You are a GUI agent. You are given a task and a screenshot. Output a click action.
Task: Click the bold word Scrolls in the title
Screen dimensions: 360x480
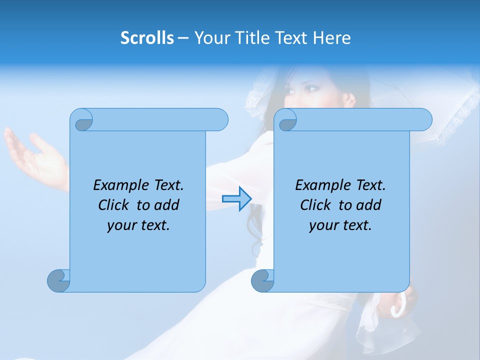147,38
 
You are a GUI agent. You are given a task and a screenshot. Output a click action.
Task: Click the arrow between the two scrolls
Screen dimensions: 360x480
236,199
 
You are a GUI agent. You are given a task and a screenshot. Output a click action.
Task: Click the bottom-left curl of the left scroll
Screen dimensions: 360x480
59,280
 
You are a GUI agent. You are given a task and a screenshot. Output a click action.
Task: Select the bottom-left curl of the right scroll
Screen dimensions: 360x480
262,280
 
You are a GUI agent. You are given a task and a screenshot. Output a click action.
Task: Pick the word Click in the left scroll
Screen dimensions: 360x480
115,205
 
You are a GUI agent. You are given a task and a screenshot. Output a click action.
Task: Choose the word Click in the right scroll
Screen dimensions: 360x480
317,205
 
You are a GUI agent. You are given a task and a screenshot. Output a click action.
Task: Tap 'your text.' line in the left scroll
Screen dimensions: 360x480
138,225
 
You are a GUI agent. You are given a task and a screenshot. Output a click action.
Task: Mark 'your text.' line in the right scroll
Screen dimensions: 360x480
340,225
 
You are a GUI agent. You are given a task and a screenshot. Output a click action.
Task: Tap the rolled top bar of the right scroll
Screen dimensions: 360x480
360,119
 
